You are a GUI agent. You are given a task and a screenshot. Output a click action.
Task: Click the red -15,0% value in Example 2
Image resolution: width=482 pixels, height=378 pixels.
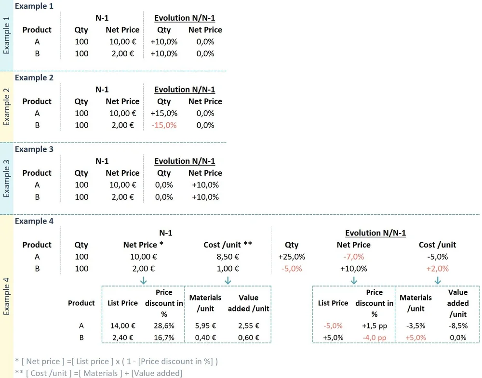pos(164,125)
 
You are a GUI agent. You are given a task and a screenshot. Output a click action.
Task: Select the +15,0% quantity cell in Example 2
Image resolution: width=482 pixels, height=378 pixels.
pos(164,113)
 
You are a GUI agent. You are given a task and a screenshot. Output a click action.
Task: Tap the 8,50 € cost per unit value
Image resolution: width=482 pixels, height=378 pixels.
pos(228,257)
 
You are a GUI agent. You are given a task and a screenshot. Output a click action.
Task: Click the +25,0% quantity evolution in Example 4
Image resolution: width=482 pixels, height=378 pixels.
pos(292,257)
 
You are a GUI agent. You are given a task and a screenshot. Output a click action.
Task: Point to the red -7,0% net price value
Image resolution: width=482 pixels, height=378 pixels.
pos(353,257)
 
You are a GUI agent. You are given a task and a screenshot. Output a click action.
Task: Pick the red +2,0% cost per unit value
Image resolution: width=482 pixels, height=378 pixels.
pos(438,269)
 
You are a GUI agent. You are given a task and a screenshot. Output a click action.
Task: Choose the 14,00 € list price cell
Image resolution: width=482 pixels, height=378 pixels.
pos(122,326)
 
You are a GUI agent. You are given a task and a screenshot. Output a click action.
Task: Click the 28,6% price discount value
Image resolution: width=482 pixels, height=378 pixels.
pos(164,326)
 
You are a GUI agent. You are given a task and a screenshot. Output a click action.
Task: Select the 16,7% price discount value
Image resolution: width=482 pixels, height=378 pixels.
pos(164,338)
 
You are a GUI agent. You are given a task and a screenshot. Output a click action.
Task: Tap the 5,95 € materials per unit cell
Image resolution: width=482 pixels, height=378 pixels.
pos(205,326)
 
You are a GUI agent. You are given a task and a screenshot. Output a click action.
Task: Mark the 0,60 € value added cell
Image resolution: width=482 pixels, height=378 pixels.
pos(248,338)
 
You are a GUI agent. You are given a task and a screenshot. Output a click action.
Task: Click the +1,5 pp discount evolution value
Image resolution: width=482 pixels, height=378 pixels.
pos(375,326)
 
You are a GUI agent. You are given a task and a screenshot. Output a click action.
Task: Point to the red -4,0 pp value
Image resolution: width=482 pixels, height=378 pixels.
pos(375,338)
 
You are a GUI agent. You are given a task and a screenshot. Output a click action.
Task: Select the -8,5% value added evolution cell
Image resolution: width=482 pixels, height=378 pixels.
pos(458,326)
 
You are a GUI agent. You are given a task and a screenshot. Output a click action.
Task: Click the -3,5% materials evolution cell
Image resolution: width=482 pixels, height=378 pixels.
pos(415,326)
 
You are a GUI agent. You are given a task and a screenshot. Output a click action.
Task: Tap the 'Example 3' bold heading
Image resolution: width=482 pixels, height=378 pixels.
pos(34,149)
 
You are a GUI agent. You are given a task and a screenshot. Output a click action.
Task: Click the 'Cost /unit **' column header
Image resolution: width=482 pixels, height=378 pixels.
pos(228,245)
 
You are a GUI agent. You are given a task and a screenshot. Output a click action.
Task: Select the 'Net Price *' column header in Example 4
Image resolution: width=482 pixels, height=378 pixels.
pos(143,245)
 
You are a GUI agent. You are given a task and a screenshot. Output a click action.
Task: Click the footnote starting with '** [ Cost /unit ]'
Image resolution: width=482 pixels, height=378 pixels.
pos(99,373)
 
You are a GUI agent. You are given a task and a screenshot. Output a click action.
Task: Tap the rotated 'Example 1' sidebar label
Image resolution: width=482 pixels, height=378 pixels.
pos(6,36)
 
